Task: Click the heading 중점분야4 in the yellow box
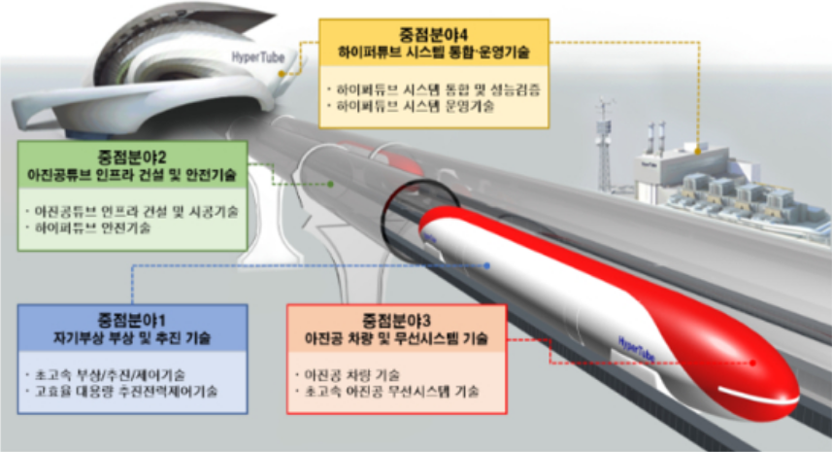434,30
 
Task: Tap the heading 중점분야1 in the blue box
131,322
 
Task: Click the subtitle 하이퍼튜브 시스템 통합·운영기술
434,48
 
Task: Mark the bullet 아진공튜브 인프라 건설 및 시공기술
135,209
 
